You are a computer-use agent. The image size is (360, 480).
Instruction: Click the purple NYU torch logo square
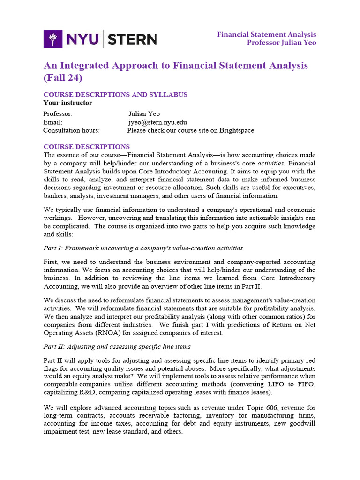click(x=52, y=39)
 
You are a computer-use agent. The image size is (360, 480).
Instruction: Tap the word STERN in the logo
click(x=133, y=39)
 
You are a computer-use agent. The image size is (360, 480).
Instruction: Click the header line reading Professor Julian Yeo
click(x=282, y=43)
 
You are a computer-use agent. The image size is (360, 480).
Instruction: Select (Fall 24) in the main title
click(x=62, y=77)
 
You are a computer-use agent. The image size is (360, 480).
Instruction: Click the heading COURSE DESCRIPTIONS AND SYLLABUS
click(x=115, y=95)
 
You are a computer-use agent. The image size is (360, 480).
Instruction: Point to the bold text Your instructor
click(x=67, y=103)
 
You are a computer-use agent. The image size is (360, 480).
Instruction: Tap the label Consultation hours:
click(x=71, y=130)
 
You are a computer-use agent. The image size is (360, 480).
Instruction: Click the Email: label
click(x=52, y=122)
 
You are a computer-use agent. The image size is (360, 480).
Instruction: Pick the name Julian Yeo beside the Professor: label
click(x=144, y=114)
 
